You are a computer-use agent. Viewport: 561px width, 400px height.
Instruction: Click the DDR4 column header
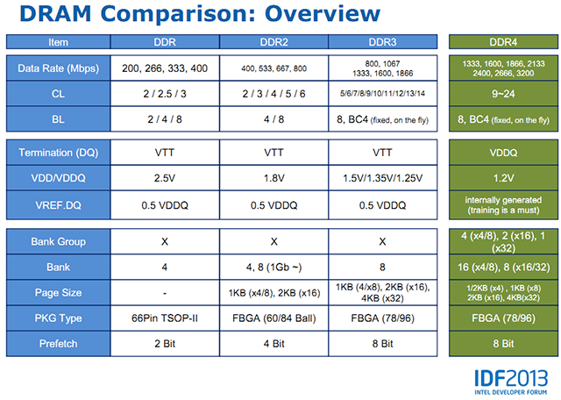pos(503,42)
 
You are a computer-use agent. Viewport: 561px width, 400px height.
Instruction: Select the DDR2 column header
pos(273,42)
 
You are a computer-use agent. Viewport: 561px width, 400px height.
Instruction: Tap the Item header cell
pos(58,42)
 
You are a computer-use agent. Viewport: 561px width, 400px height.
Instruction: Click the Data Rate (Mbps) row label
pos(58,68)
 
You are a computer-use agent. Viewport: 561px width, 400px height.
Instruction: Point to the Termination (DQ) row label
pos(58,153)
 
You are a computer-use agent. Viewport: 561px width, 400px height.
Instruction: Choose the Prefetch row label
pos(58,343)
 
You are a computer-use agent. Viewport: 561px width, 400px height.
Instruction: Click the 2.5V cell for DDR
pos(165,178)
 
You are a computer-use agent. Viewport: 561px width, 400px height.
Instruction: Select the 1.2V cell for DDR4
pos(503,178)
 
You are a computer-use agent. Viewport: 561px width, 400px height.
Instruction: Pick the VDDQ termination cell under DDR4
pos(503,153)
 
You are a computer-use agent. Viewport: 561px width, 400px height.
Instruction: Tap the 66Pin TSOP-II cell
pos(165,318)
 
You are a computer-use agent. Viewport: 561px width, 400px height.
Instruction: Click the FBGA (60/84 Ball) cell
pos(273,318)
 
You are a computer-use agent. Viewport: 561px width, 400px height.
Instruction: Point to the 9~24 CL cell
pos(503,94)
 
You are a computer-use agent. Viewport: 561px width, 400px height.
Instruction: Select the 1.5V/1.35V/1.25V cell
pos(382,178)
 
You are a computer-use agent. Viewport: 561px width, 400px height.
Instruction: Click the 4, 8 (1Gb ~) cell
pos(273,268)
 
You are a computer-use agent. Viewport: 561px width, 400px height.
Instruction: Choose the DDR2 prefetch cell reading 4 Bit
pos(273,343)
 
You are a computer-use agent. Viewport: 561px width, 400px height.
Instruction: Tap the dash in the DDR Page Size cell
pos(165,293)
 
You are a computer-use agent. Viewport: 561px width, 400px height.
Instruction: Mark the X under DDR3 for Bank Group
pos(382,242)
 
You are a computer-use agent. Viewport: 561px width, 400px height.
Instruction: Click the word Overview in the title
pos(323,14)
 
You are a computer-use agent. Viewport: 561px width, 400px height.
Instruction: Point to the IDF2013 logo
pos(511,382)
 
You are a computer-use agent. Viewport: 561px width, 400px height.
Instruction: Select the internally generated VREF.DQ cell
pos(503,205)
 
